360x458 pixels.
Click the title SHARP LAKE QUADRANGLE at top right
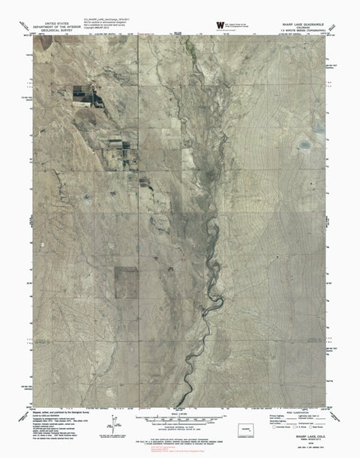[x=301, y=23]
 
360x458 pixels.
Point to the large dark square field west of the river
[x=126, y=280]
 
